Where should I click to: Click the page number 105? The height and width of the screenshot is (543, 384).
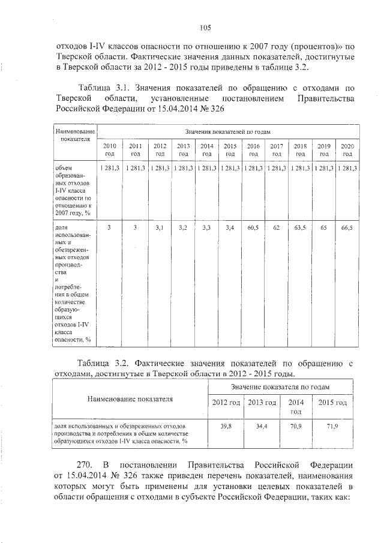pos(204,27)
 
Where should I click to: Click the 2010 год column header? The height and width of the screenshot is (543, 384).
pos(110,149)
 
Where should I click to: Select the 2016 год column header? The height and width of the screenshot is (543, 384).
pos(253,149)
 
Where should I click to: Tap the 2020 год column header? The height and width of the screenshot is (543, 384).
pos(347,149)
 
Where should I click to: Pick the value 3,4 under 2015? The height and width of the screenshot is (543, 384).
pos(230,228)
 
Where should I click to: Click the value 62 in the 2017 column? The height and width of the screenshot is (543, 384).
pos(277,228)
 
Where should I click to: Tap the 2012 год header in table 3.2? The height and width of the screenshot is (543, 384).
pos(226,403)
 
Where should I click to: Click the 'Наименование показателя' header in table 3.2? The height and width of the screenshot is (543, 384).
pos(130,398)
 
